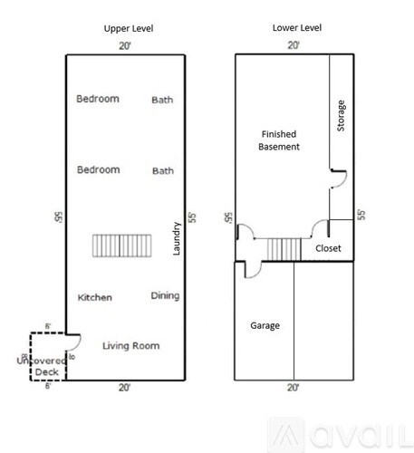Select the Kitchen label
(x=94, y=297)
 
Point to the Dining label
(x=164, y=295)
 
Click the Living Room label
(x=130, y=345)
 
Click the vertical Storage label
(x=341, y=115)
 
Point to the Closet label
(x=328, y=247)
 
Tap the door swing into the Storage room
(x=336, y=178)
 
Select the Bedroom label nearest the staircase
(x=98, y=169)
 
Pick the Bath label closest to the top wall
(x=162, y=100)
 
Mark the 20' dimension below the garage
(x=293, y=387)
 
